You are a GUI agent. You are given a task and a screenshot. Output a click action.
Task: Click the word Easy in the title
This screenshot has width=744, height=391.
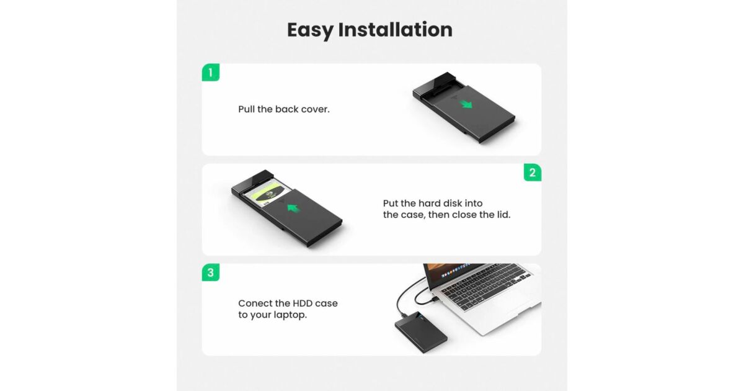tap(310, 30)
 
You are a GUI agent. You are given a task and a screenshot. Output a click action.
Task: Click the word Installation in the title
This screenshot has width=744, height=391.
tap(396, 30)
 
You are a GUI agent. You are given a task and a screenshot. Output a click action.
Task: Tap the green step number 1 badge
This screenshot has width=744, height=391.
tap(211, 73)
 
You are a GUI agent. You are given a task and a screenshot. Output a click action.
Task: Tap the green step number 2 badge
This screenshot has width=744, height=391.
tap(533, 173)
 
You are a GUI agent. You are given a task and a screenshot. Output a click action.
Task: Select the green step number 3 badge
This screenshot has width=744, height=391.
tap(211, 272)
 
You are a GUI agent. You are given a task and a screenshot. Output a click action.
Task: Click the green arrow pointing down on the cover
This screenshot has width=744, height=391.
tap(467, 104)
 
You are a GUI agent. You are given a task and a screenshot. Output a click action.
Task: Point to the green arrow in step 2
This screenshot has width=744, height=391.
tap(293, 209)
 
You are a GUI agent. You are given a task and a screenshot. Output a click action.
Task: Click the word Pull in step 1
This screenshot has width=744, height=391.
tap(246, 109)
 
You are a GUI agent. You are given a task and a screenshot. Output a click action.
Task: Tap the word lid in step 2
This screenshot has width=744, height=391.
tap(503, 215)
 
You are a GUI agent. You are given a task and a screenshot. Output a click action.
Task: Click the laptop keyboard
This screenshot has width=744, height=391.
tap(485, 286)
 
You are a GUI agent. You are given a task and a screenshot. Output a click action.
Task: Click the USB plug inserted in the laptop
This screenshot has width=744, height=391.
tap(435, 300)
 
